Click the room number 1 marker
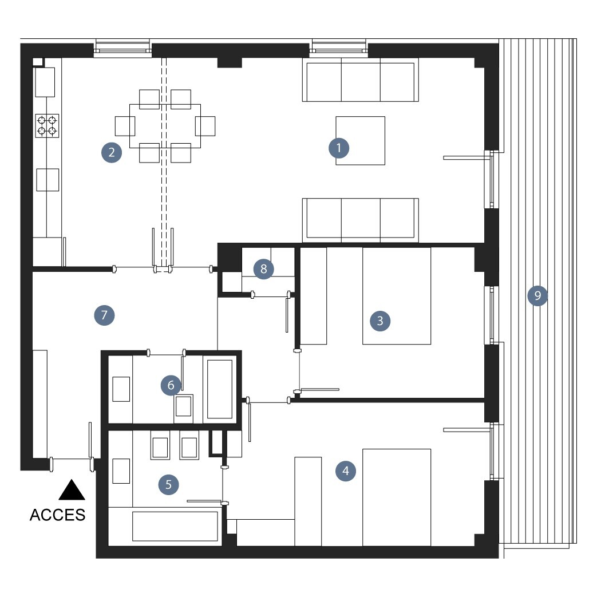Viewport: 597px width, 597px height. (339, 148)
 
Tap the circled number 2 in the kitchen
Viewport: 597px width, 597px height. (112, 152)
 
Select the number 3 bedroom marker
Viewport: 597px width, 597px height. (380, 321)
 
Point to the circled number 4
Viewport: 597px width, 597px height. (346, 471)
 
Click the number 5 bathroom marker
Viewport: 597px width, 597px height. (169, 484)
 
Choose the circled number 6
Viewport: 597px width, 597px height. (171, 385)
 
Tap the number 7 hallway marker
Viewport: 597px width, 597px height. (104, 315)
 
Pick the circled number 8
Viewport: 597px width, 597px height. (263, 269)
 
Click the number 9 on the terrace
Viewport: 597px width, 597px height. (537, 295)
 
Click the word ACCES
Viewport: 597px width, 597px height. (57, 515)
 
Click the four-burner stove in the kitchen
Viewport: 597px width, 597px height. (47, 126)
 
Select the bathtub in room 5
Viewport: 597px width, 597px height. (175, 526)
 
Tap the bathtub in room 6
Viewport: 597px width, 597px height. (220, 389)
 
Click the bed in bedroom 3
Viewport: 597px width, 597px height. (397, 296)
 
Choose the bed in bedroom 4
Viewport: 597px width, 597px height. (397, 497)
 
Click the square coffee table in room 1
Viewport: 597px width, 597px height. (360, 140)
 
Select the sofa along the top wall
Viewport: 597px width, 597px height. (361, 80)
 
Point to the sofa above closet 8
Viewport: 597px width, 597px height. (361, 220)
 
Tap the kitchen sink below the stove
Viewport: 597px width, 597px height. (48, 180)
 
